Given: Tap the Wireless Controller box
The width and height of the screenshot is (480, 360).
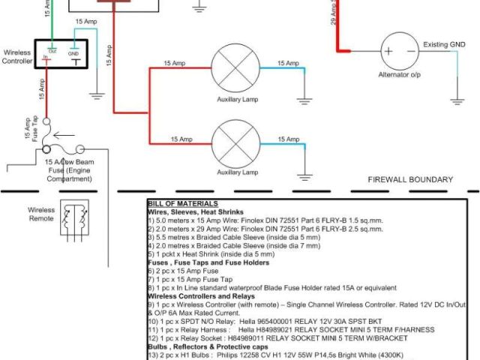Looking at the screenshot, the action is pos(66,54).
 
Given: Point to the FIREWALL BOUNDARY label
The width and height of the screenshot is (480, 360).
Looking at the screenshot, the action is pos(410,180).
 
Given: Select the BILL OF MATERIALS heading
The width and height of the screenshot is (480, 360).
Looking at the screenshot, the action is pos(183,203).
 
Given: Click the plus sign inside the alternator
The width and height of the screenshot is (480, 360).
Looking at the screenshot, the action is pos(389,52).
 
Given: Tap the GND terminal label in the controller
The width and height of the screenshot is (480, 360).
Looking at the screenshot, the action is pos(73,54).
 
